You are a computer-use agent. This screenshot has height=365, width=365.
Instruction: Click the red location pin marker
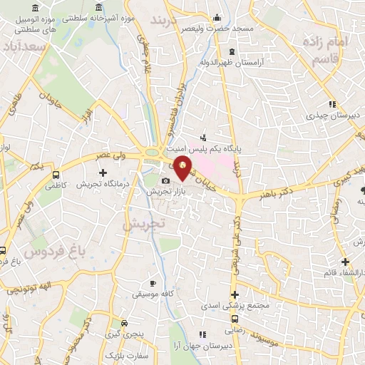[183, 167]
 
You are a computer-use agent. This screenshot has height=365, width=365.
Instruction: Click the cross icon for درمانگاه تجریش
[103, 173]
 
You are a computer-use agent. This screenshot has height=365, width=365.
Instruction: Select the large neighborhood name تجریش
[143, 223]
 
